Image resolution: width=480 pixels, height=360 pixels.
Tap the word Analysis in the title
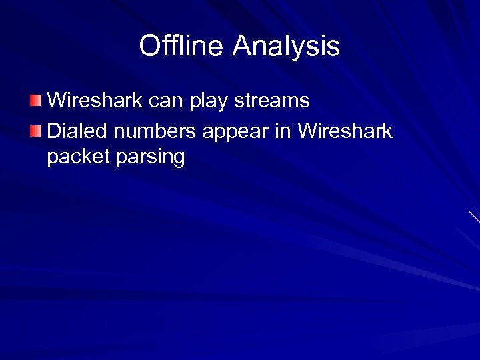(287, 47)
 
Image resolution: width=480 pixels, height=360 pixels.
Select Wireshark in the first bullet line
(99, 101)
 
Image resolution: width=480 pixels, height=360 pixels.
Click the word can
(171, 101)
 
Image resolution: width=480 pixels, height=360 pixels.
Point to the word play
(213, 101)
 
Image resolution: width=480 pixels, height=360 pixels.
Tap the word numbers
(155, 131)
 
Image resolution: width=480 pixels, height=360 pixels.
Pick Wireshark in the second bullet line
(345, 131)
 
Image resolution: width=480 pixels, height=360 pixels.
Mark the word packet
(78, 158)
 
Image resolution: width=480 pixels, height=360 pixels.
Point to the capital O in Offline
(149, 46)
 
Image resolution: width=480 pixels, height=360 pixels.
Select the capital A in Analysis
(243, 46)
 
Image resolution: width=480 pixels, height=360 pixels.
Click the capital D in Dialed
(55, 131)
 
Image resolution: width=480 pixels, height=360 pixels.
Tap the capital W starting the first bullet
(58, 101)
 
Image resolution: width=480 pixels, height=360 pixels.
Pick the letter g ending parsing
(178, 160)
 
